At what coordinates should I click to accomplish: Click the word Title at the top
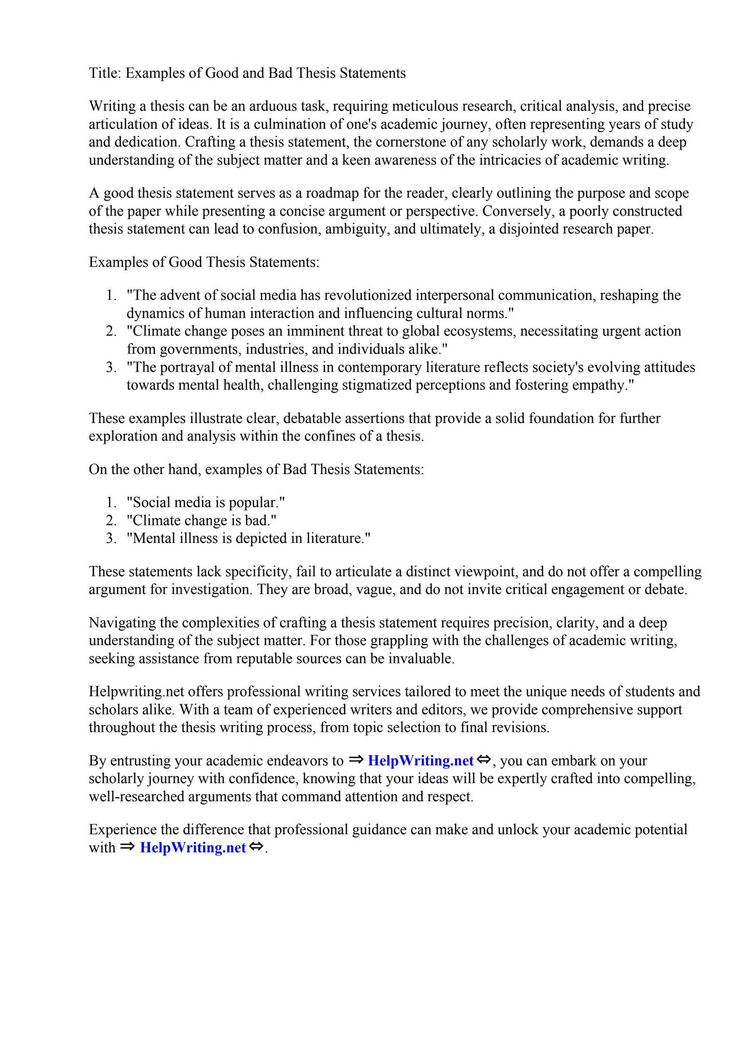point(104,73)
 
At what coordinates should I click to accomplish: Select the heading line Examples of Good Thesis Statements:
point(204,262)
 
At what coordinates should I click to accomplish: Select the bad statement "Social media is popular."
point(206,502)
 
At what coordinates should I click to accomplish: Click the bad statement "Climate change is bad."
point(202,521)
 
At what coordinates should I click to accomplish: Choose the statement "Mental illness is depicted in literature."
point(249,538)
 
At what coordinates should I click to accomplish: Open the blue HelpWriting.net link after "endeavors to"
point(420,761)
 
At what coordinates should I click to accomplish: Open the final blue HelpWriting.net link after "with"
point(193,848)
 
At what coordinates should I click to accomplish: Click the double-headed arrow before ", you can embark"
point(483,760)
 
